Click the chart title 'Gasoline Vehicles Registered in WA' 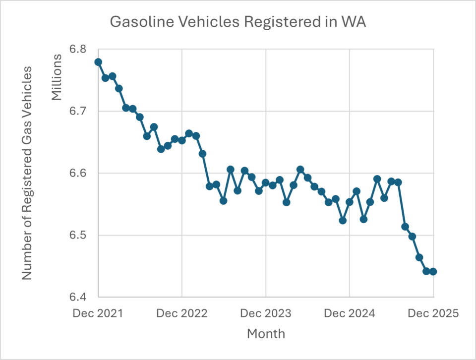[x=238, y=23]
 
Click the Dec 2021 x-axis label [x=98, y=314]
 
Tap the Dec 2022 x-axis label [x=182, y=314]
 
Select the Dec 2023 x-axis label [x=266, y=314]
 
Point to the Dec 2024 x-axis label [x=350, y=314]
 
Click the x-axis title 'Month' [x=266, y=333]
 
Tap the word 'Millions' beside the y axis [x=57, y=77]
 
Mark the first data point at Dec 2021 [x=98, y=62]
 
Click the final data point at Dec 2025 [x=433, y=271]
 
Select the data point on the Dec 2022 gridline [x=182, y=140]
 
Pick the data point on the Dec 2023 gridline [x=266, y=182]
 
